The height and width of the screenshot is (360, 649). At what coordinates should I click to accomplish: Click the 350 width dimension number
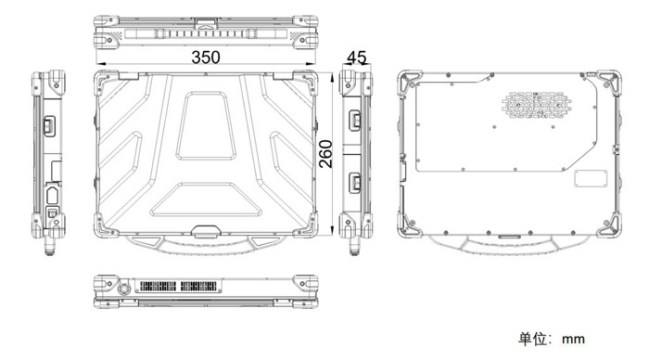[206, 58]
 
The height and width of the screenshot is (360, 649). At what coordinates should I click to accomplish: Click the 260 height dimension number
[326, 154]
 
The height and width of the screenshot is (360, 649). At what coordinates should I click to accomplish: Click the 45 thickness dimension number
[356, 58]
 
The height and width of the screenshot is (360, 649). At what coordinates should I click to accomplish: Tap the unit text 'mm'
[573, 340]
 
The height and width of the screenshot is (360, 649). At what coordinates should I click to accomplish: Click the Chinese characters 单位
[532, 339]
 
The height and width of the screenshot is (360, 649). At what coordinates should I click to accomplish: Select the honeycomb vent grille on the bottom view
[537, 105]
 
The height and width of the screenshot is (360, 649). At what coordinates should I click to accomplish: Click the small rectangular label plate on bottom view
[591, 178]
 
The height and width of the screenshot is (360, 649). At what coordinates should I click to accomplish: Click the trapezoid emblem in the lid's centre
[206, 125]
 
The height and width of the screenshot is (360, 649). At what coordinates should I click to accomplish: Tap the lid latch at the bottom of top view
[206, 232]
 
